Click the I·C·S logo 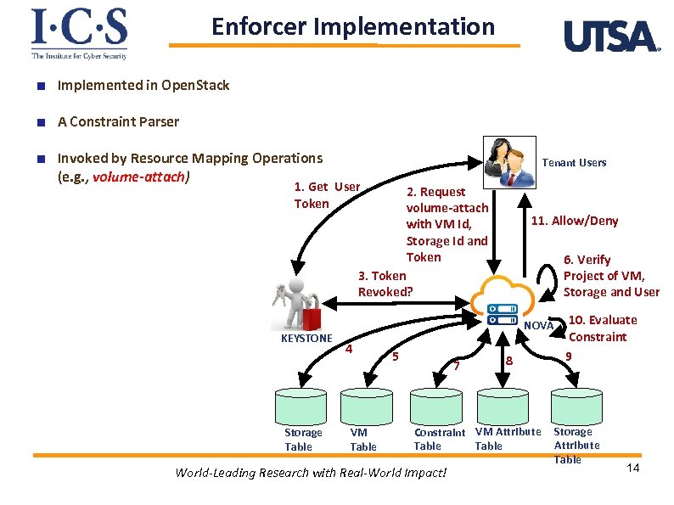click(x=79, y=33)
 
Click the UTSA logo click(x=611, y=36)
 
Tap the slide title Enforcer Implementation click(x=352, y=26)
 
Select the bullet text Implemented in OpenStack click(x=143, y=85)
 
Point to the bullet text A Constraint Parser click(x=118, y=121)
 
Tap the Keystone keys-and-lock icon click(x=297, y=303)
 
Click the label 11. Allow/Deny click(x=574, y=221)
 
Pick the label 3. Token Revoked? click(x=385, y=283)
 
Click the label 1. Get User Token click(x=326, y=194)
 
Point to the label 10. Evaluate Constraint click(x=602, y=328)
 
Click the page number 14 click(x=632, y=469)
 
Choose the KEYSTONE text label click(x=306, y=338)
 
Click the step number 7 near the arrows click(x=457, y=366)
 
